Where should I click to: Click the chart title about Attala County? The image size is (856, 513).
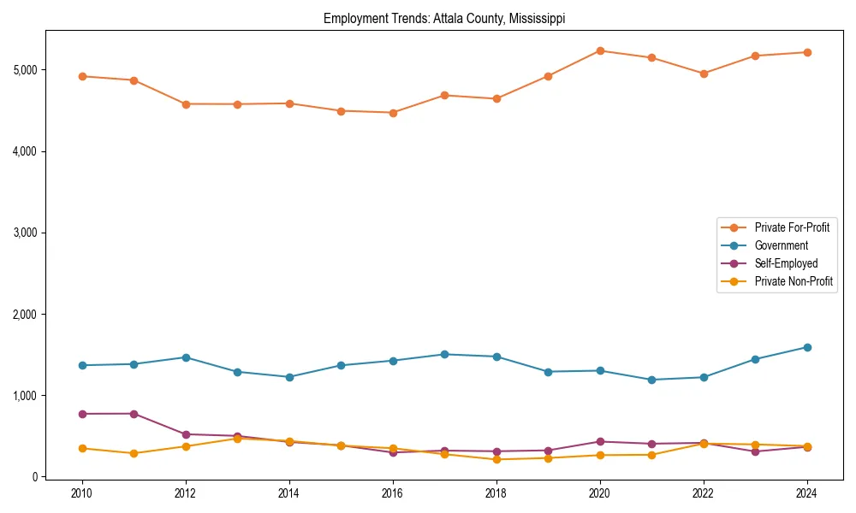point(444,19)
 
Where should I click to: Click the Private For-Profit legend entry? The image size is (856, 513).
point(792,227)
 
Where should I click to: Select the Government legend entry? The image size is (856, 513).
point(781,245)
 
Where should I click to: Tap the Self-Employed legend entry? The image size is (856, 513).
point(786,263)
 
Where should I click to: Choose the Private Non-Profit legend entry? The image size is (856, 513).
point(794,281)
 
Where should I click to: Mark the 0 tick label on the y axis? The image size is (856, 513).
point(34,477)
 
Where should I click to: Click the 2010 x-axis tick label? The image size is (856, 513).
point(82,493)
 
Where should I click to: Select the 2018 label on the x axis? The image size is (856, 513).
point(496,493)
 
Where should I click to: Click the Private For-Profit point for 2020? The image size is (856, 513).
point(600,51)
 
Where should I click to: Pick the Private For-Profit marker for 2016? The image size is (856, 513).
point(393,113)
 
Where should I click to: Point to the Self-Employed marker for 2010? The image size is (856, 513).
point(82,414)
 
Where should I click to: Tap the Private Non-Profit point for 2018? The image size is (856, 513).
point(496,459)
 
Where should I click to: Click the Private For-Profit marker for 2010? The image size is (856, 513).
point(82,76)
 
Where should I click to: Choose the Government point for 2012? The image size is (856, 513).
point(186,357)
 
